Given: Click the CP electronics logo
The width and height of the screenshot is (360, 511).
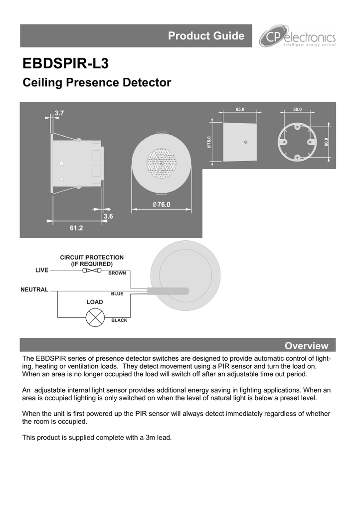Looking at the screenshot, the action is pos(297,36).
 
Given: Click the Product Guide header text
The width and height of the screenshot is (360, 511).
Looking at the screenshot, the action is pos(206,35).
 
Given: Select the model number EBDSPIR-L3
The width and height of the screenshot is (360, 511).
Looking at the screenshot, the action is pos(65,63).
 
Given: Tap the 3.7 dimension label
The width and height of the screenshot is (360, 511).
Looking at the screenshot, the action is pos(59,113).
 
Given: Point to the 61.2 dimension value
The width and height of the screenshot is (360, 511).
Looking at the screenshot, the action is pos(76,228).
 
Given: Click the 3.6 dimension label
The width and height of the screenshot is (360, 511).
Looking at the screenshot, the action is pos(108,216).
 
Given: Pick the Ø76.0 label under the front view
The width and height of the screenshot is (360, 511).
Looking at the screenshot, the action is pos(162,204).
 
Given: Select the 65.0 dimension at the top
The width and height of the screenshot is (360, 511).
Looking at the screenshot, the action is pos(240,109).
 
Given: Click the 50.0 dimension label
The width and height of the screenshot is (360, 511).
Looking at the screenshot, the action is pos(298,109).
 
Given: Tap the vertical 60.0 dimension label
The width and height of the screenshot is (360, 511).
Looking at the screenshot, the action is pos(327,142).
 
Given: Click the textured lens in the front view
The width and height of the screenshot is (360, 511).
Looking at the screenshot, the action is pos(162,163).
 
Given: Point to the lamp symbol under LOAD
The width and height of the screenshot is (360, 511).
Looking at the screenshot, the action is pos(95,317).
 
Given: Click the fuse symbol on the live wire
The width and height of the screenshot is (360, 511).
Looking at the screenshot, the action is pos(92,270).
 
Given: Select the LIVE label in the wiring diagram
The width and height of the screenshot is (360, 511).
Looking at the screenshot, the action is pos(42,270).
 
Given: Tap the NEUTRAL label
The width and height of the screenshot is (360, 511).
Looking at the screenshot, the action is pos(34,289).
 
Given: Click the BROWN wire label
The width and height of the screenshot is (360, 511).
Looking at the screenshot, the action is pos(117,273).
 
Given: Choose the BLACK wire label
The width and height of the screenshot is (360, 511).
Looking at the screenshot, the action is pos(119,320).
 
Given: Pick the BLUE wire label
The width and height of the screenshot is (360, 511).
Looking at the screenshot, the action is pos(117,293).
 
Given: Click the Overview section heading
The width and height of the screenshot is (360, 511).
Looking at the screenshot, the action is pos(307,345).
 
